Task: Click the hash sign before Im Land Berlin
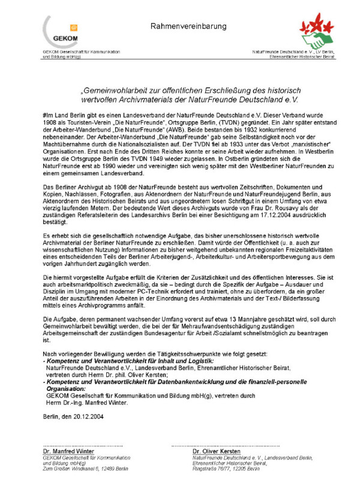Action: [x=45, y=113]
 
